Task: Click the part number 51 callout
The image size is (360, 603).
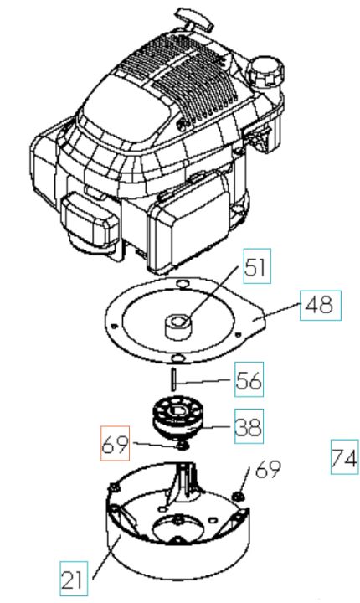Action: click(257, 266)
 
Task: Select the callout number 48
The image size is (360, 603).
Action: click(321, 306)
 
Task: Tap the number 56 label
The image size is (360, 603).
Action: click(249, 379)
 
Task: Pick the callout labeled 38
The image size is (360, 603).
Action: click(249, 426)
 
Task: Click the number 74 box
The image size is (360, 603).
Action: click(345, 456)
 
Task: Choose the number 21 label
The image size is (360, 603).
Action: click(74, 579)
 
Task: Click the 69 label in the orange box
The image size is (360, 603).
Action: click(115, 443)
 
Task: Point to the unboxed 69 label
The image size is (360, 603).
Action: click(268, 469)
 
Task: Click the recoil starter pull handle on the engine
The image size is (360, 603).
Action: click(193, 19)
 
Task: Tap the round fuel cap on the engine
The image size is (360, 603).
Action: click(265, 70)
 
